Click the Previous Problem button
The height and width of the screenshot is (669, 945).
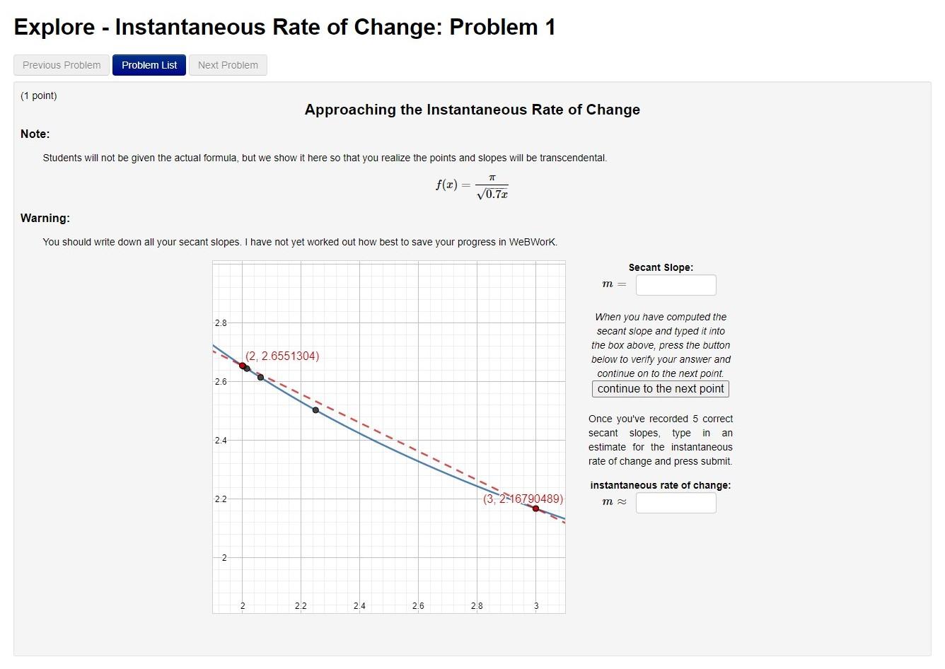coord(62,65)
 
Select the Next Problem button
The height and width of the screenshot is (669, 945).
coord(228,65)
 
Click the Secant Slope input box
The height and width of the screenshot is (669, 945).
coord(676,285)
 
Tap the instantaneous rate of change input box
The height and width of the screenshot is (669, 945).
coord(676,503)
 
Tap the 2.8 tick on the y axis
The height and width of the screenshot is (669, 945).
coord(221,323)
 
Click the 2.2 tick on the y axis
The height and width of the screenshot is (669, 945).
coord(221,499)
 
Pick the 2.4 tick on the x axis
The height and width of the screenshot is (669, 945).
coord(359,606)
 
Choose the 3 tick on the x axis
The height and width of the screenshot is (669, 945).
coord(535,606)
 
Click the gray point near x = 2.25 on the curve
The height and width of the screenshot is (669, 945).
coord(315,410)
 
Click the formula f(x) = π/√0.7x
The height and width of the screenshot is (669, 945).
coord(472,186)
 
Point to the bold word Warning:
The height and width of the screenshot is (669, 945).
coord(45,218)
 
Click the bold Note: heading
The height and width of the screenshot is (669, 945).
coord(35,134)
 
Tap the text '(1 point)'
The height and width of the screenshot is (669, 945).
coord(39,95)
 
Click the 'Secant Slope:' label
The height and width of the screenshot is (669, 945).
coord(661,267)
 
